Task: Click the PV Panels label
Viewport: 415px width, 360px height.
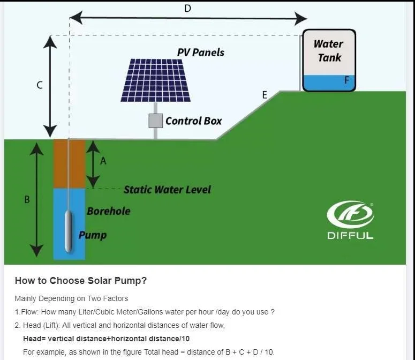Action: [200, 52]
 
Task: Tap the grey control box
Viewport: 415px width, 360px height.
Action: [155, 121]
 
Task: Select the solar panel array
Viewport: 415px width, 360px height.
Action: [155, 80]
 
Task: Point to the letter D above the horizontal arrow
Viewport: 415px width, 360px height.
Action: [187, 8]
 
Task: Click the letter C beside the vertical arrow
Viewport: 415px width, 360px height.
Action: [40, 85]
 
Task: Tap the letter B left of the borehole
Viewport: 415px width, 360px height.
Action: [27, 199]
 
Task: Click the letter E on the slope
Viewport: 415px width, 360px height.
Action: [265, 95]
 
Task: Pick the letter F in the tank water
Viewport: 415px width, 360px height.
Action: [346, 81]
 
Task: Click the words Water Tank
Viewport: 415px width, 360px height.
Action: [328, 50]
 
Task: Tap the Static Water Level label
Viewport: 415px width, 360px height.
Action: [167, 189]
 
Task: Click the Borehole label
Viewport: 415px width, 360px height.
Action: [109, 211]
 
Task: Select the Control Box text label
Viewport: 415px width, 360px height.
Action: [193, 121]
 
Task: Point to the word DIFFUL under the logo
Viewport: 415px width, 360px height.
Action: [350, 235]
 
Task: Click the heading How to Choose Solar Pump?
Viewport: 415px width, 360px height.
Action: [81, 280]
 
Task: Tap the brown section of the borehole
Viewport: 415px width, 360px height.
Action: [69, 163]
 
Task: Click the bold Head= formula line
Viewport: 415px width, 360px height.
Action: [106, 339]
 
